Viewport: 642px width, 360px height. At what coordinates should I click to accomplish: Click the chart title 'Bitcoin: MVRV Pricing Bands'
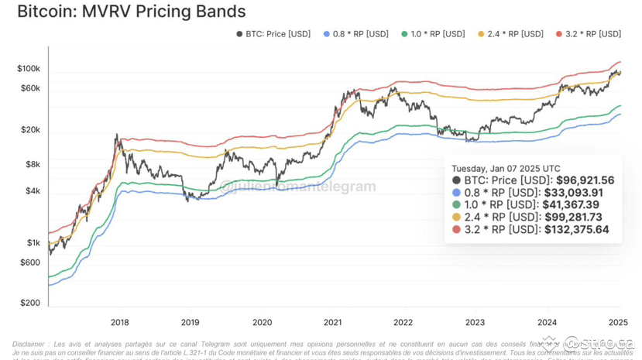coord(131,12)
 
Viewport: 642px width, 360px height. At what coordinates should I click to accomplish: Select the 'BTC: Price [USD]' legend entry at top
coord(273,34)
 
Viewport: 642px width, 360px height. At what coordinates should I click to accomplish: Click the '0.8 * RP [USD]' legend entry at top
coord(355,34)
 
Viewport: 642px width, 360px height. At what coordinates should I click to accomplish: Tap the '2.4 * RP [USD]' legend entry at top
coord(510,34)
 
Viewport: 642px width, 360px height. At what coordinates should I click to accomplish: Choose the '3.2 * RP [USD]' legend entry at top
coord(588,34)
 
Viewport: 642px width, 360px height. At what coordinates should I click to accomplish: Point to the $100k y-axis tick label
coord(29,69)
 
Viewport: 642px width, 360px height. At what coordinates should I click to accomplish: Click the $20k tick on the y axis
coord(31,130)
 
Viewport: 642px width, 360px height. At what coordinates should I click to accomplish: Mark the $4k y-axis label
coord(33,191)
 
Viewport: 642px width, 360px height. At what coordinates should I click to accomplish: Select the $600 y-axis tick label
coord(30,262)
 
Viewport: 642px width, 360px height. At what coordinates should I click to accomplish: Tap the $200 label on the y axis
coord(30,303)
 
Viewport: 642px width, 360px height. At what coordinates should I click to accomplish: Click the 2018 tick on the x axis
coord(120,322)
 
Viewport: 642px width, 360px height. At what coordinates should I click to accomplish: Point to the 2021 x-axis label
coord(333,322)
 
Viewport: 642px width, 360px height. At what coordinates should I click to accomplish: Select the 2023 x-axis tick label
coord(475,322)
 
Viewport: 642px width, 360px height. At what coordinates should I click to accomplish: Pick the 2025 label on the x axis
coord(617,322)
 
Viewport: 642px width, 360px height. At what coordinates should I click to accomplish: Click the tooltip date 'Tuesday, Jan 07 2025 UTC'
coord(506,168)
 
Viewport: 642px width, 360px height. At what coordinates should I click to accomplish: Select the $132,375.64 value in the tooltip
coord(577,230)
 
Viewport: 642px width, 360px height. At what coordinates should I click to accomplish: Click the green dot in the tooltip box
coord(456,205)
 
